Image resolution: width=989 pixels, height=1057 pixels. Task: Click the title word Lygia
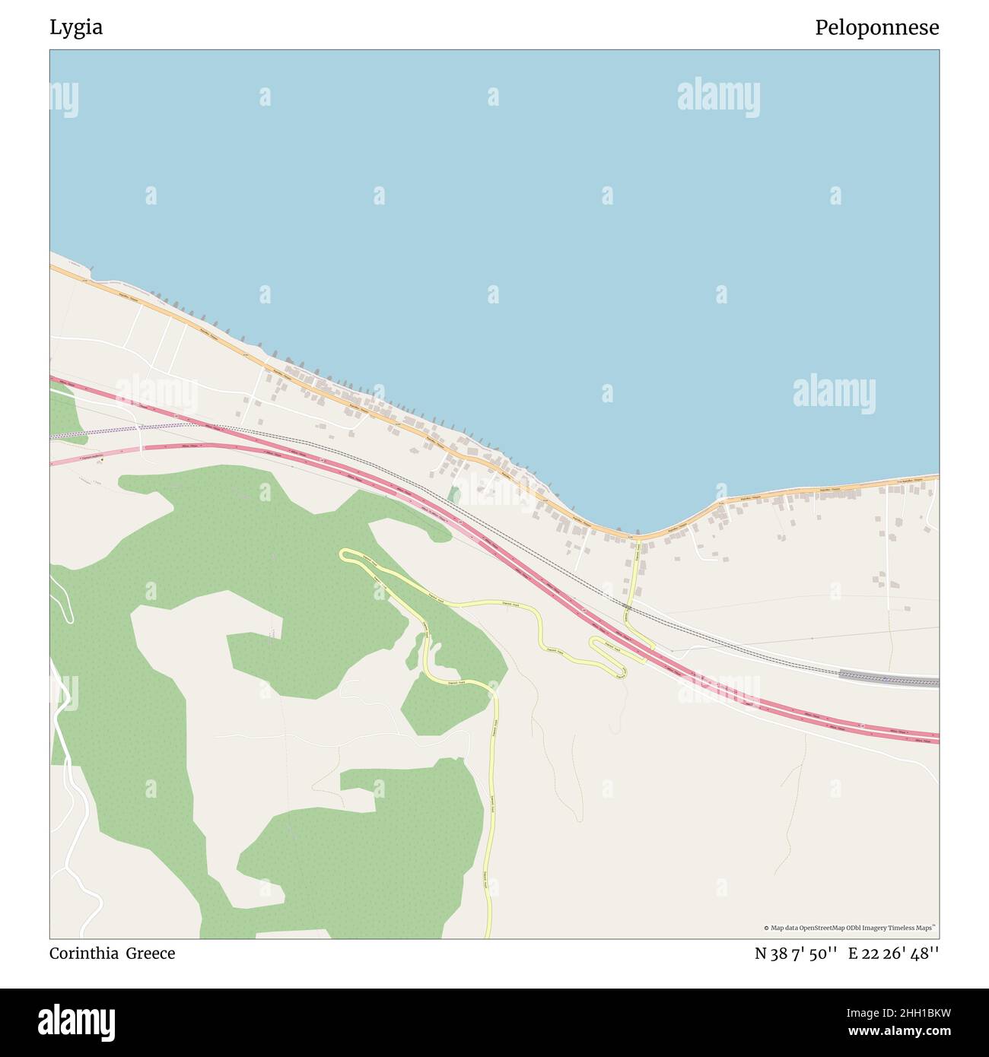tap(76, 28)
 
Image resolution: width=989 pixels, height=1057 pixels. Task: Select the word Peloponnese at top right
tap(876, 28)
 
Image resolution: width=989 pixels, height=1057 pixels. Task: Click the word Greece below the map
tap(151, 954)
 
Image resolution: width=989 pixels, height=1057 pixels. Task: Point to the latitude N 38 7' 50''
tap(796, 954)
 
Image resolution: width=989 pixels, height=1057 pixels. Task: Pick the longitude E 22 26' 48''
tap(893, 954)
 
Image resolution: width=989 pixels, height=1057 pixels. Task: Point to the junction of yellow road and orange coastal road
tap(638, 538)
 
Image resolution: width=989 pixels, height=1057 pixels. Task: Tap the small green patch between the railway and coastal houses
tap(454, 495)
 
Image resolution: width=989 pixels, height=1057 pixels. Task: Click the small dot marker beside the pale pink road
tap(100, 460)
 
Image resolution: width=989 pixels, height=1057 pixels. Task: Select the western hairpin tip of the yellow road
tap(343, 554)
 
